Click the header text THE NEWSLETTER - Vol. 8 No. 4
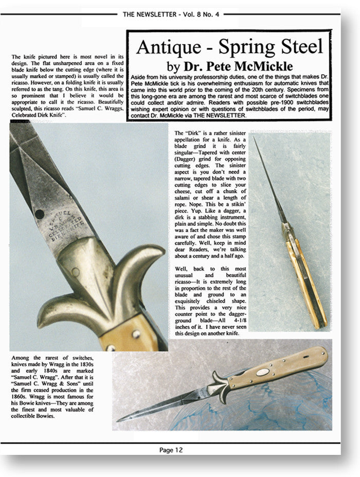(171, 14)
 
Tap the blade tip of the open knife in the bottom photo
(119, 420)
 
